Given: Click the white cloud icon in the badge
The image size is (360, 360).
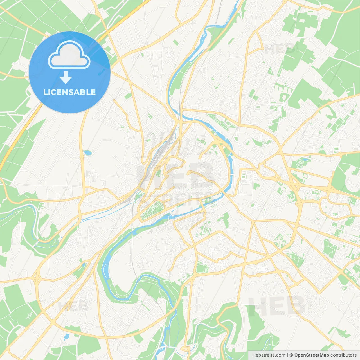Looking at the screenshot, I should click(x=69, y=55).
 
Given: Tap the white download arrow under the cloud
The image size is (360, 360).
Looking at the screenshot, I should click(x=66, y=77).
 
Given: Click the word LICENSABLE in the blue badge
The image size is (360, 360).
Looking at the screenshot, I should click(x=69, y=92).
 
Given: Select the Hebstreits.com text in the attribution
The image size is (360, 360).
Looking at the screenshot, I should click(x=269, y=355).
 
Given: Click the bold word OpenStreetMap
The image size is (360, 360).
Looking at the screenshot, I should click(x=311, y=355).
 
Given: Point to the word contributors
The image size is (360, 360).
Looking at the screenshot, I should click(x=343, y=355).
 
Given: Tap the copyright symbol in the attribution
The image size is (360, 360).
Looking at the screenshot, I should click(x=291, y=355).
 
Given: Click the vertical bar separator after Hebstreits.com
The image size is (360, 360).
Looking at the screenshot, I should click(x=287, y=355).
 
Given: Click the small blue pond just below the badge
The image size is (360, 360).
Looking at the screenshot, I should click(x=87, y=153).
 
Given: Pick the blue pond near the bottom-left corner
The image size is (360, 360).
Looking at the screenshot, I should click(x=67, y=336).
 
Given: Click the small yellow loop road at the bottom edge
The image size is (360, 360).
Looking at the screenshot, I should click(x=185, y=349).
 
